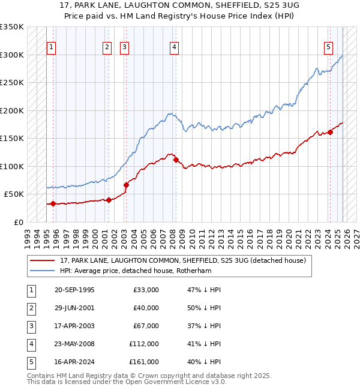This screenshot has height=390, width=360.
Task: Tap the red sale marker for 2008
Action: coord(176,160)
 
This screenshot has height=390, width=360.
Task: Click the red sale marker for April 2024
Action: coord(330,133)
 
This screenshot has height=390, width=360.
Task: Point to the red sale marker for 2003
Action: coord(126,185)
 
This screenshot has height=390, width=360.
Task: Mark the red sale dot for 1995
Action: coord(53,203)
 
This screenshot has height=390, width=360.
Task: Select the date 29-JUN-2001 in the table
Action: coord(74,308)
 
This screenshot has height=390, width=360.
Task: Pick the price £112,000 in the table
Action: coord(144,344)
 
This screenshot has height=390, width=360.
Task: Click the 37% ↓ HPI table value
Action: coord(204,326)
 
